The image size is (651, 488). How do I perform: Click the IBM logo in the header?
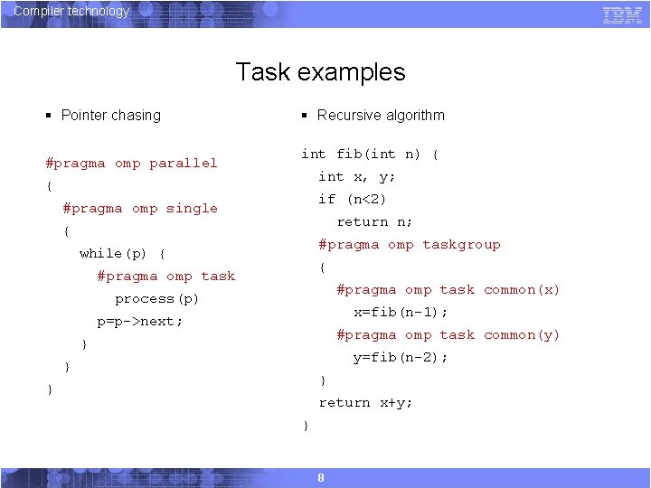622,14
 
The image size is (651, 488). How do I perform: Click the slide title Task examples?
320,72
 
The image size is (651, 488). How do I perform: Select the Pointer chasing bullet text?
110,116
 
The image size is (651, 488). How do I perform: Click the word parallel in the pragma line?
184,164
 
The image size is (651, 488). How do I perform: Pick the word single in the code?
192,209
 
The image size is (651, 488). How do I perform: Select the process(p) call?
156,299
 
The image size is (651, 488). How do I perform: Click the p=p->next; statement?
140,322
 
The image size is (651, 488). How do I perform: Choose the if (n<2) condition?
353,200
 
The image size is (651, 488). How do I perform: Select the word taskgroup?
461,245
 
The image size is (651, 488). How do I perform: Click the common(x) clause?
522,290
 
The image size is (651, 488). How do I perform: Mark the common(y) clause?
522,335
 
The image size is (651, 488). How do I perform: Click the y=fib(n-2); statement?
401,358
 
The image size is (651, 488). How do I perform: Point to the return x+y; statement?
365,403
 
